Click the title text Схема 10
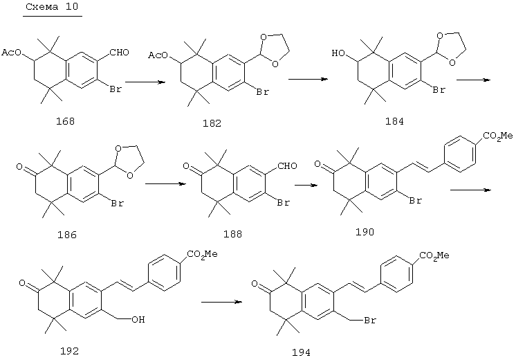(x=52, y=7)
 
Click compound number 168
(x=65, y=121)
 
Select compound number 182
(x=212, y=123)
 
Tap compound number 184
(x=394, y=121)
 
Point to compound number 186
(x=67, y=235)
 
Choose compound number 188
(x=232, y=234)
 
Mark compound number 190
(x=365, y=232)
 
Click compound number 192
(x=69, y=351)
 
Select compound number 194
(x=301, y=352)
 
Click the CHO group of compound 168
(x=120, y=53)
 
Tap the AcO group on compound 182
(x=158, y=55)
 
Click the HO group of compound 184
(x=338, y=53)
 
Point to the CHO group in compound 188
(x=287, y=165)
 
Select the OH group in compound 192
(x=138, y=319)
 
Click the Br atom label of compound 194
(x=370, y=320)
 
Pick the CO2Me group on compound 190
(x=498, y=136)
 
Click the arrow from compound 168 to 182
(x=145, y=82)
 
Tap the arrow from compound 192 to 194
(x=221, y=301)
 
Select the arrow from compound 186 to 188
(x=165, y=183)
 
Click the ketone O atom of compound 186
(x=19, y=167)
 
